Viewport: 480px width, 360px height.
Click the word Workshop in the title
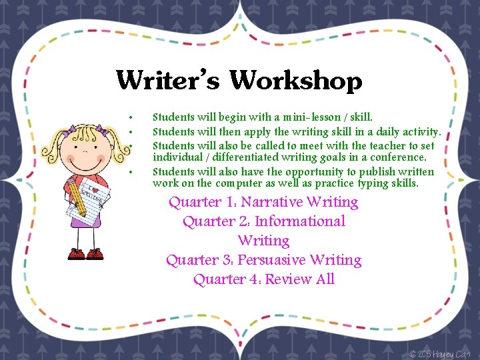(296, 81)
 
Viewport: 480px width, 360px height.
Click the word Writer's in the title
(169, 81)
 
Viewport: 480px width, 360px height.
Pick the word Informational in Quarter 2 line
(300, 221)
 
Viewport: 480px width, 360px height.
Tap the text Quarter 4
(225, 279)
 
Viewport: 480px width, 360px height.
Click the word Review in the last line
(289, 279)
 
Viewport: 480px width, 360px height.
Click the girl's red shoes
(85, 254)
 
